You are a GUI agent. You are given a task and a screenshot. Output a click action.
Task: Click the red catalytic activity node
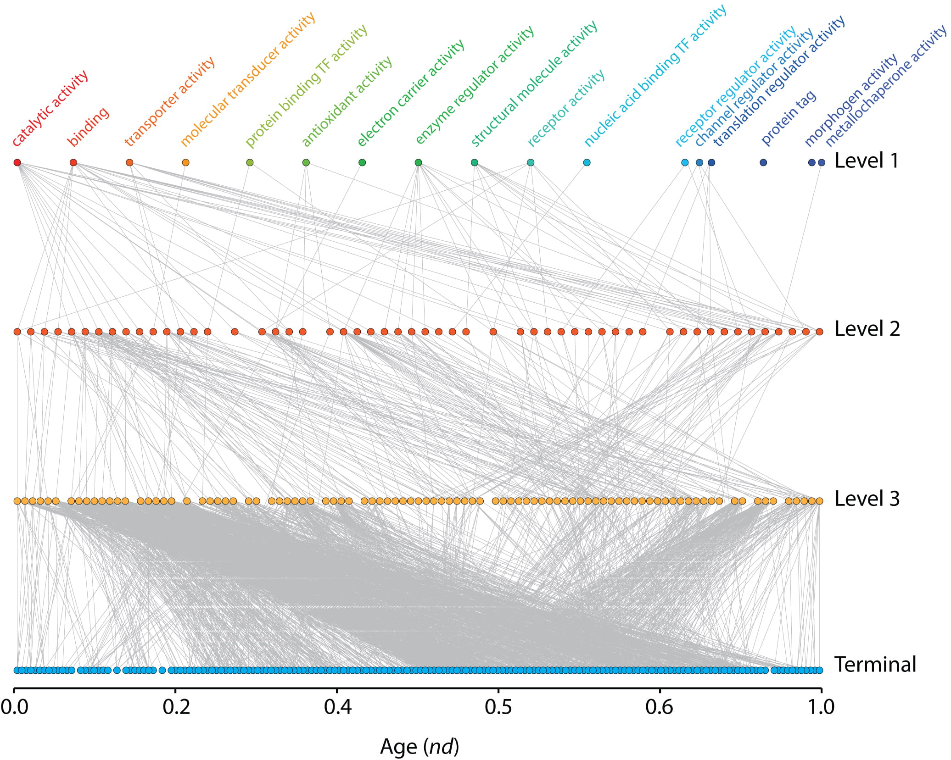point(17,162)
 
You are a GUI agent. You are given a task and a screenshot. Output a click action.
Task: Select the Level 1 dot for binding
point(73,162)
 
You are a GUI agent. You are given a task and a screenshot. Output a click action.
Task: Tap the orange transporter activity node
point(129,162)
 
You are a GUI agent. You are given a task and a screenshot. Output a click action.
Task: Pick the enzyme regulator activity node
point(418,162)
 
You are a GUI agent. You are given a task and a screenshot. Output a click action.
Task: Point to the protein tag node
point(763,162)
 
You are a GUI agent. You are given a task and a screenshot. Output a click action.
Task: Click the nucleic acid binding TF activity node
point(587,162)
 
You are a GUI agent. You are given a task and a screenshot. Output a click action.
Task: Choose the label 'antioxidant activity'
point(347,102)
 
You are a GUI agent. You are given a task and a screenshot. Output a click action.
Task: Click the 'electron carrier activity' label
point(411,94)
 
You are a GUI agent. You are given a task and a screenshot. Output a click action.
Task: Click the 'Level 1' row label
point(866,161)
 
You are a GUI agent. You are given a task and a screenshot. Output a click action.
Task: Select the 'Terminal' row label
point(875,665)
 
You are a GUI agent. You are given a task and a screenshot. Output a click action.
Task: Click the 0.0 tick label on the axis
point(14,707)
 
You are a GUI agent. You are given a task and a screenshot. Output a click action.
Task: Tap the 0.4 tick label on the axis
point(337,707)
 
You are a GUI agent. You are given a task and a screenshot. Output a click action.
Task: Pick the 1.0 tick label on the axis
point(821,707)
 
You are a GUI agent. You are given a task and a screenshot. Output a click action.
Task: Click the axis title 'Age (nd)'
point(419,747)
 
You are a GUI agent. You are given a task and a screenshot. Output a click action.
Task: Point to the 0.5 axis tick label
point(498,707)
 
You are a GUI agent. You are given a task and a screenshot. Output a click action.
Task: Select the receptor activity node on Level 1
point(531,162)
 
